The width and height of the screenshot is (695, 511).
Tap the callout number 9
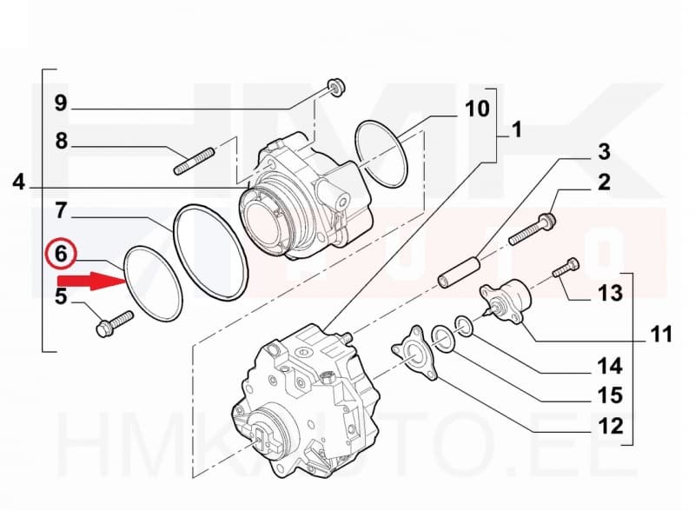pyautogui.click(x=60, y=103)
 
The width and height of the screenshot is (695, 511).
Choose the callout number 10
pyautogui.click(x=477, y=109)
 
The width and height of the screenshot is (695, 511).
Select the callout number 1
pyautogui.click(x=516, y=130)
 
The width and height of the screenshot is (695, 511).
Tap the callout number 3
pyautogui.click(x=602, y=151)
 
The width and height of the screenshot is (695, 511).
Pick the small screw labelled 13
pyautogui.click(x=566, y=268)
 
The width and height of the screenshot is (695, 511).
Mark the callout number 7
pyautogui.click(x=60, y=210)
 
